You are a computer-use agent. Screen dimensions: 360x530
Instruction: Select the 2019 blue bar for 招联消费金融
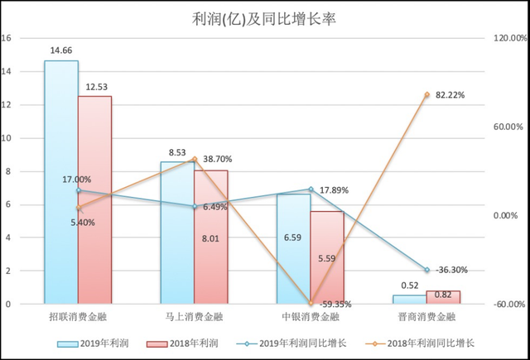coord(61,182)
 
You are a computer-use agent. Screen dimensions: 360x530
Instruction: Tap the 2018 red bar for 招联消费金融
coord(94,199)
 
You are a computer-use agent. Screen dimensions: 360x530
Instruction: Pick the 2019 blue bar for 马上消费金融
coord(177,233)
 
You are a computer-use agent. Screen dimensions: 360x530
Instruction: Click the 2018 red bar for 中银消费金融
coord(326,257)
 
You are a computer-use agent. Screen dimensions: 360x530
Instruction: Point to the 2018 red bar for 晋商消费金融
coord(443,297)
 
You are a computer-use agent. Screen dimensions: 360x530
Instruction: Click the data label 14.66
coord(60,51)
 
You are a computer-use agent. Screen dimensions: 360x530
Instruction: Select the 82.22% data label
coord(448,95)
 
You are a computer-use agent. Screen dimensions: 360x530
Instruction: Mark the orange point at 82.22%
coord(426,95)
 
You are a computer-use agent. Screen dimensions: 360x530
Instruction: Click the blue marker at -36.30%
coord(426,270)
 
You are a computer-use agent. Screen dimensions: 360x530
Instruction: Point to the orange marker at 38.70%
coord(194,159)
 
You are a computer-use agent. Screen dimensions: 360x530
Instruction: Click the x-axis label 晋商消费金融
coord(426,317)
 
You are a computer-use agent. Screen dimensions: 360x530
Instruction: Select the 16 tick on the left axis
coord(7,38)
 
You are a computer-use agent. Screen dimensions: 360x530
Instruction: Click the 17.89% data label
coord(334,190)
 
